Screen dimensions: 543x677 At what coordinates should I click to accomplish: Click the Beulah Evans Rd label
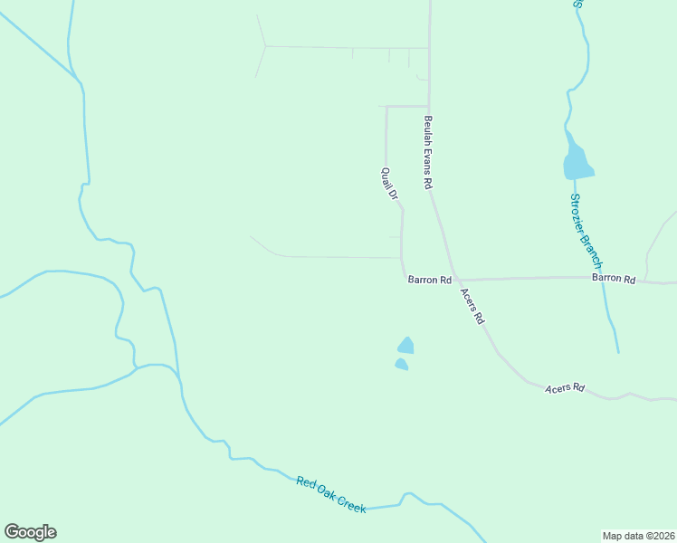point(428,152)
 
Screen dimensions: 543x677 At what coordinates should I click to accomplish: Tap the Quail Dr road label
point(390,184)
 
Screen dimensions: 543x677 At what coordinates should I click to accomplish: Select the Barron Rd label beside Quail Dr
point(429,281)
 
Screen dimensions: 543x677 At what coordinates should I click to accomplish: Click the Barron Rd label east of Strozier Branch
point(614,278)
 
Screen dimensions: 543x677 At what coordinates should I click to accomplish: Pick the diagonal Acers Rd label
point(473,306)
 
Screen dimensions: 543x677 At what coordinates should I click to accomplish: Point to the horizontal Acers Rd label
point(565,388)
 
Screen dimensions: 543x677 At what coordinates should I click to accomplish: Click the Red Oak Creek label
point(331,495)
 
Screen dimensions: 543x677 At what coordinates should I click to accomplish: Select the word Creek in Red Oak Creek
point(352,503)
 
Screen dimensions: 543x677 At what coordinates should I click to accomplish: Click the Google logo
point(30,532)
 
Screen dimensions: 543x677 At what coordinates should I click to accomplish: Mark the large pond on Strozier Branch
point(577,164)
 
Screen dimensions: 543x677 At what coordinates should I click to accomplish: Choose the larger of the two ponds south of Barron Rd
point(406,345)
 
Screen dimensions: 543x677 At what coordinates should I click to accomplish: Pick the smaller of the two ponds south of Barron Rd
point(401,364)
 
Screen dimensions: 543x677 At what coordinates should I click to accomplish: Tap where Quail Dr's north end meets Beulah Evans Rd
point(428,106)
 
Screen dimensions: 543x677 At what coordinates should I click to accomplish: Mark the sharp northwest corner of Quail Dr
point(386,107)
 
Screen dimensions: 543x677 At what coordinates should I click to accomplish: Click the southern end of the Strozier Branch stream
point(619,351)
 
